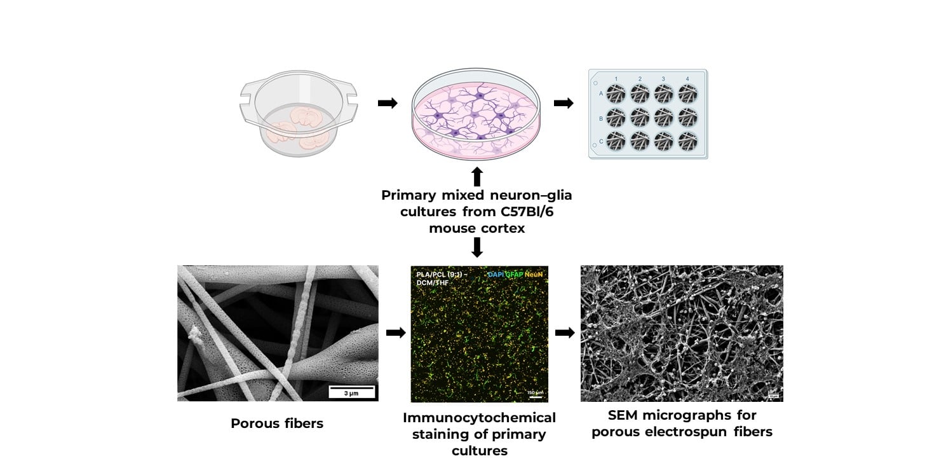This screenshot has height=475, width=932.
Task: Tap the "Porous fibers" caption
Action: tap(277, 423)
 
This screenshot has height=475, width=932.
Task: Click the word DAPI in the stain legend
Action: tap(496, 274)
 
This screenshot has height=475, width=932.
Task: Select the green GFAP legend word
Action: tap(515, 274)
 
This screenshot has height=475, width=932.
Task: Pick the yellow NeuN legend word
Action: tap(534, 274)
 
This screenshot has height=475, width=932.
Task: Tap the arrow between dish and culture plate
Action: tap(388, 103)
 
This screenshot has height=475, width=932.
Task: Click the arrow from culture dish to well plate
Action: tap(564, 103)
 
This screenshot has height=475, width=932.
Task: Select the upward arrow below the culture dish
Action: tap(477, 176)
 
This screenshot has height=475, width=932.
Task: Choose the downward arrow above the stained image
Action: tap(477, 247)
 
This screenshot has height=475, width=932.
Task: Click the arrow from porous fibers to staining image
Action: tap(395, 333)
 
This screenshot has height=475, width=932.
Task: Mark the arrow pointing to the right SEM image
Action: tap(565, 333)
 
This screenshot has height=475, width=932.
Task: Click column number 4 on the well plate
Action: tap(687, 79)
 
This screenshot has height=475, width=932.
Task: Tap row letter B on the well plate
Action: tap(601, 118)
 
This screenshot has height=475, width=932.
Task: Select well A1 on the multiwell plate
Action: tap(616, 94)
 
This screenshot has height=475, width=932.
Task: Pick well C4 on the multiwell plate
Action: tap(687, 141)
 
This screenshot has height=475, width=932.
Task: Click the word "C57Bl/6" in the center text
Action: tap(522, 212)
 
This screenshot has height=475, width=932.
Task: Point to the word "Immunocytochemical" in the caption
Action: tap(479, 418)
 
